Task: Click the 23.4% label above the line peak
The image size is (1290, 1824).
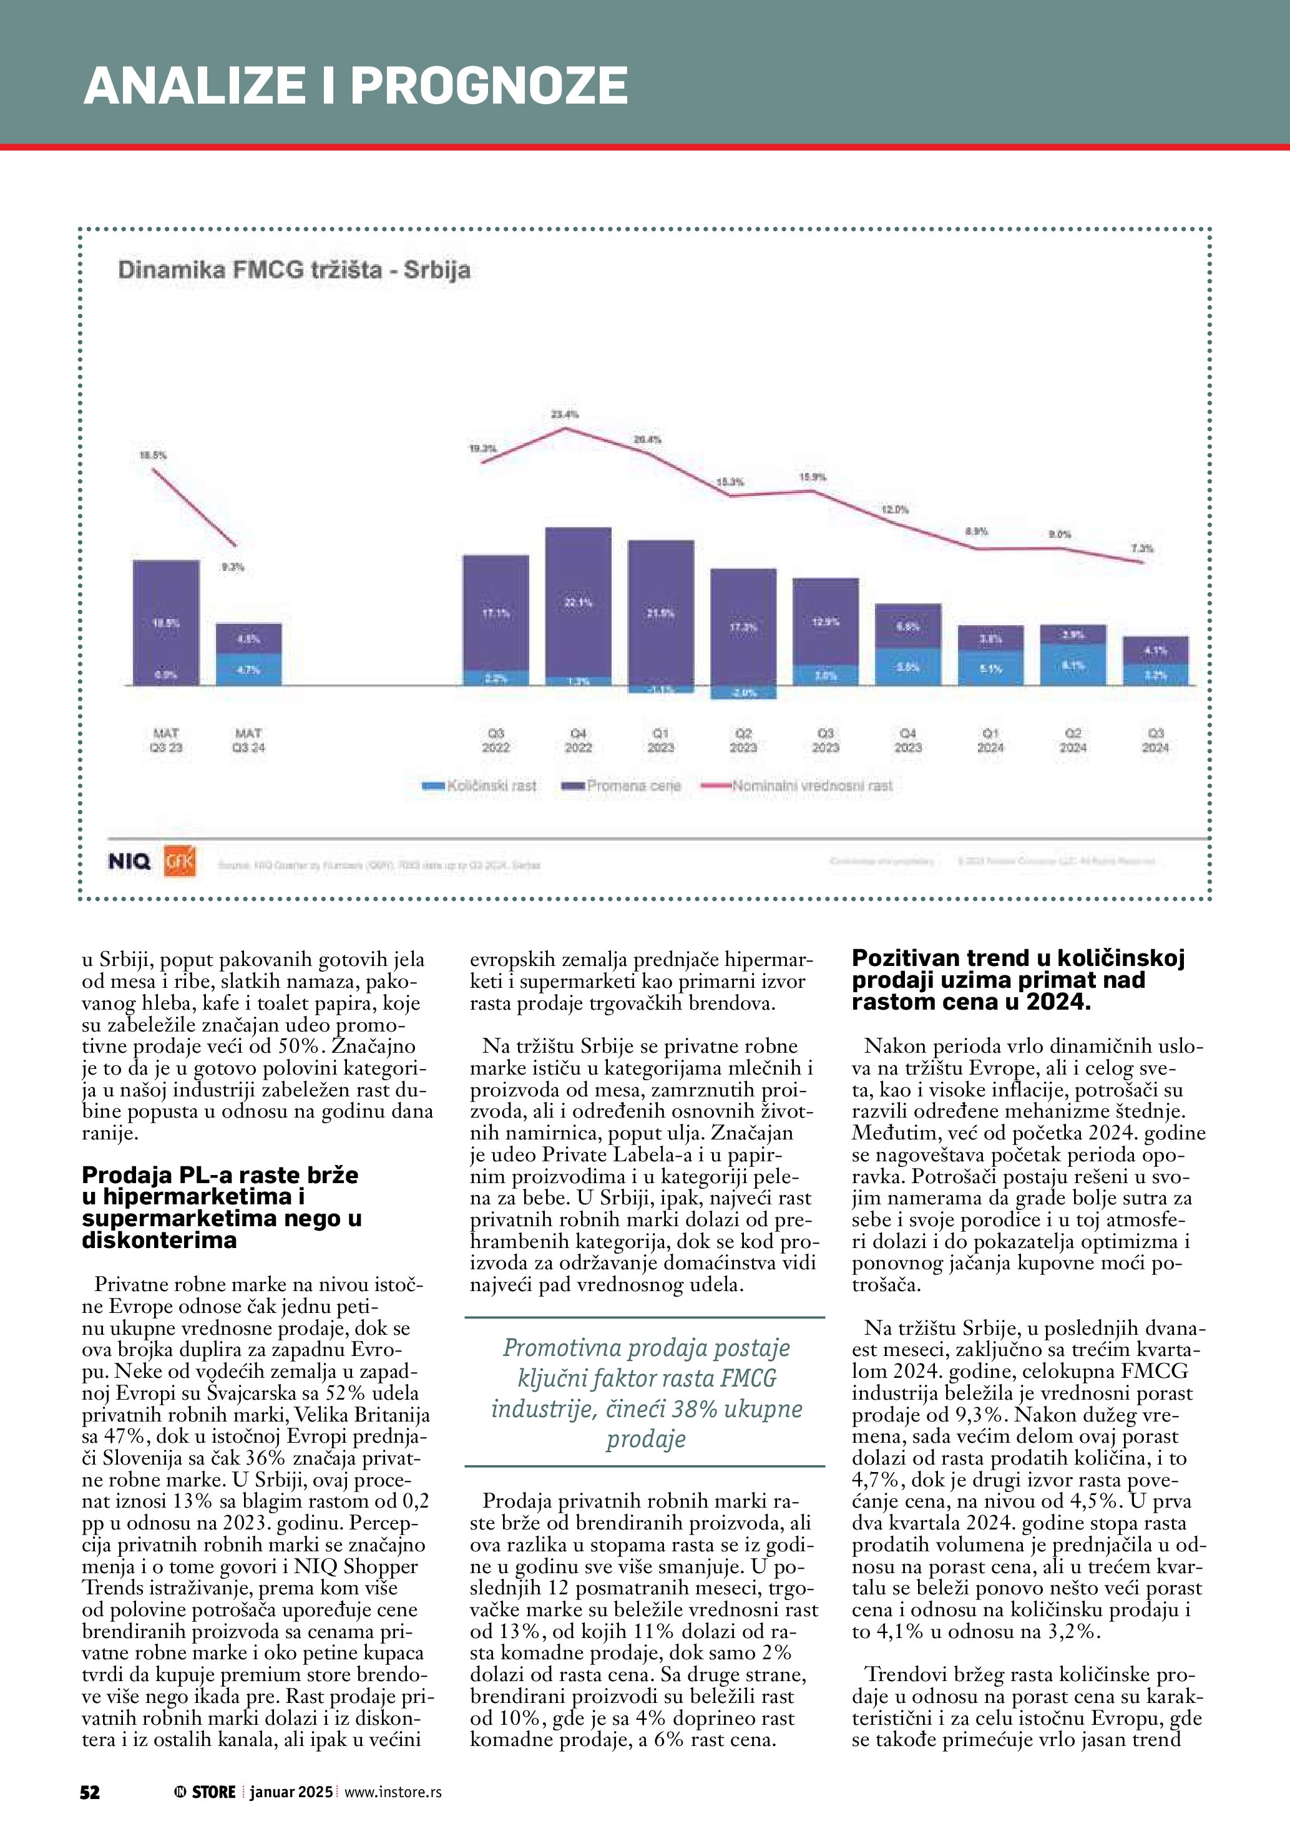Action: tap(565, 414)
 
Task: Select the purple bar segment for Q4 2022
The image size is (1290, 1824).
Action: tap(579, 602)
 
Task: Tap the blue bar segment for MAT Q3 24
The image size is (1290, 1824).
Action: tap(248, 669)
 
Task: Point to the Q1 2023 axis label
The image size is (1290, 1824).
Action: tap(660, 739)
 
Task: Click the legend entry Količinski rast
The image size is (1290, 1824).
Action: tap(480, 786)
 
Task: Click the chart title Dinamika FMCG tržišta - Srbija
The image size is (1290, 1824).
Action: tap(294, 270)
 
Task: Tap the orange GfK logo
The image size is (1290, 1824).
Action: tap(180, 861)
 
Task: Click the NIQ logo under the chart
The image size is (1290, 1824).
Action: tap(129, 861)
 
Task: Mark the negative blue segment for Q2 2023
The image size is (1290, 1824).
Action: tap(743, 693)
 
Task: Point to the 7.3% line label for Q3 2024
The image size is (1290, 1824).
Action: tap(1141, 548)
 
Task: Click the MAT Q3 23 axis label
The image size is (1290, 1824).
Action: tap(166, 739)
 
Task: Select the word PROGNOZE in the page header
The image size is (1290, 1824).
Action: tap(489, 85)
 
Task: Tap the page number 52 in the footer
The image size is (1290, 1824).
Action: tap(90, 1792)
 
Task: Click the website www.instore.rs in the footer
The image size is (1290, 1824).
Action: tap(393, 1792)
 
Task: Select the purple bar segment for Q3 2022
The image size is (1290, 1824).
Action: tap(496, 613)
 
